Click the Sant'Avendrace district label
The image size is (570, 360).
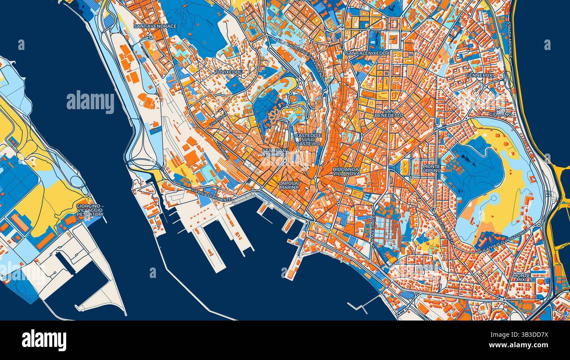[x=155, y=26]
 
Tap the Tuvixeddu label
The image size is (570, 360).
[x=229, y=71]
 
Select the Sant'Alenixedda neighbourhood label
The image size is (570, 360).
[x=367, y=53]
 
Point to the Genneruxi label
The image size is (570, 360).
[x=480, y=75]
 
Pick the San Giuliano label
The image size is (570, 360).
[x=501, y=112]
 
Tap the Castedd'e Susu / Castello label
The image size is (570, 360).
[x=309, y=139]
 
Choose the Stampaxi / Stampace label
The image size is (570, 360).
[x=275, y=153]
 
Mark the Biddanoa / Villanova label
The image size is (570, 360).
[x=346, y=171]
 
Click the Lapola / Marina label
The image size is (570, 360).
[x=289, y=185]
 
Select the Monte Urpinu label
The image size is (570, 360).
[x=431, y=168]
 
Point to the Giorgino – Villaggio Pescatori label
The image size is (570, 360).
[x=89, y=210]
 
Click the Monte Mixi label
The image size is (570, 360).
[x=521, y=278]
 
